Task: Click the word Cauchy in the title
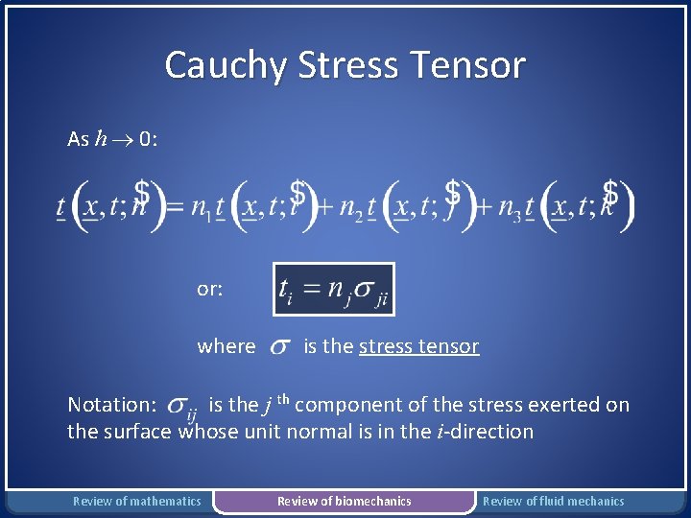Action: coord(226,65)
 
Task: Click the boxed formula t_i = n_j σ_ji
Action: coord(333,289)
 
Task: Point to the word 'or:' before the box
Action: coord(210,288)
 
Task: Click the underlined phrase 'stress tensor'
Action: coord(418,346)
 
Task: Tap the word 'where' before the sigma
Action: coord(226,346)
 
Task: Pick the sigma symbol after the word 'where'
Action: coord(279,347)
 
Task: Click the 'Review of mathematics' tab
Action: coord(137,501)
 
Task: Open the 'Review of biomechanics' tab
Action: coord(344,501)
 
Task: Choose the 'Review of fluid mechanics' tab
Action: coord(553,501)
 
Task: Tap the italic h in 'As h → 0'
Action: coord(102,140)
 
